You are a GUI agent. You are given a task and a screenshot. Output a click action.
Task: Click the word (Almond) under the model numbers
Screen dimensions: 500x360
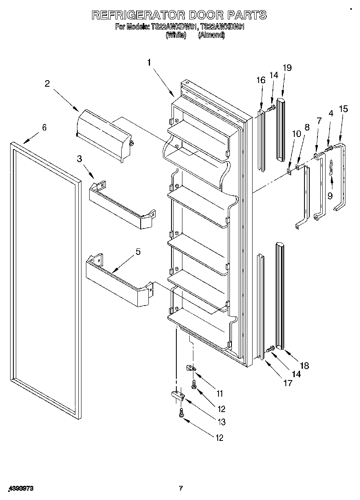coord(211,35)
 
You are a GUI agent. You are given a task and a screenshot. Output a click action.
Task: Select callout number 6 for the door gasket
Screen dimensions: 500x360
coord(44,128)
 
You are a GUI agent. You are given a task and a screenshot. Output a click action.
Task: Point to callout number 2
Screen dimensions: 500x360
coord(47,84)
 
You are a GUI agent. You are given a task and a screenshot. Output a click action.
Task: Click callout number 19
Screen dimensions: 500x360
coord(287,68)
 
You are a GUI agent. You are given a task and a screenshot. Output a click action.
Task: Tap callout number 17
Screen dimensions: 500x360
coord(287,383)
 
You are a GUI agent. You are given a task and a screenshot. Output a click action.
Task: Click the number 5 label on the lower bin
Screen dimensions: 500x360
coord(138,252)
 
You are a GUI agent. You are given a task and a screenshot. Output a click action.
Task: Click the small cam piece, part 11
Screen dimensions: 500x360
coord(191,368)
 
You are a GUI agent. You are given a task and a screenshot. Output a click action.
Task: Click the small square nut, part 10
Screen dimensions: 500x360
coord(289,171)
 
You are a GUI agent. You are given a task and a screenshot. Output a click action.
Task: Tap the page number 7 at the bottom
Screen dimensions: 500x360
coord(181,488)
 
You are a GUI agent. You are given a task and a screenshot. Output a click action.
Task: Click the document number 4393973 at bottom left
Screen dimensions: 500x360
coord(20,489)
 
